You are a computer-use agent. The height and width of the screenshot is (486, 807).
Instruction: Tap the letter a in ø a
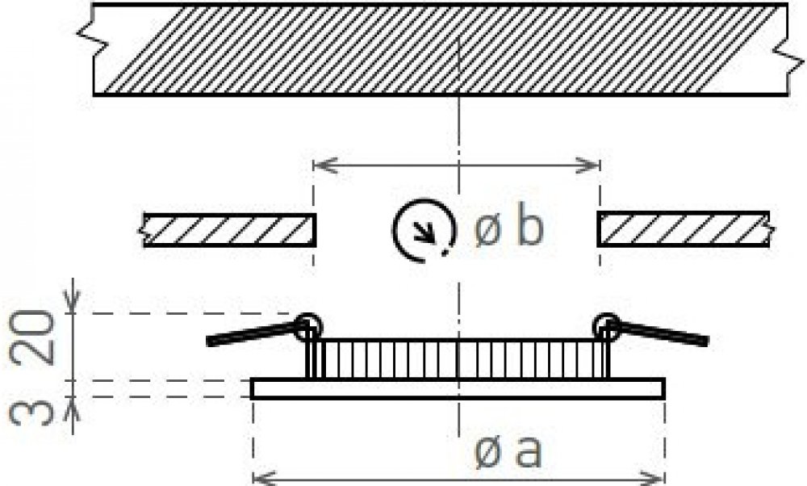click(x=529, y=452)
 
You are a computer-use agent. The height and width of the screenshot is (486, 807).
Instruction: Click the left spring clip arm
click(x=252, y=333)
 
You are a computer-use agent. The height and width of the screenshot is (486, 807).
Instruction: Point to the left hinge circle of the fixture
click(x=308, y=327)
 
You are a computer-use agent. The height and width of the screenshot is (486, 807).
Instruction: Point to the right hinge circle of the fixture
click(x=606, y=326)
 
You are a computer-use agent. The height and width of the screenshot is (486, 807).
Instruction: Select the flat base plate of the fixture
click(x=458, y=388)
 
